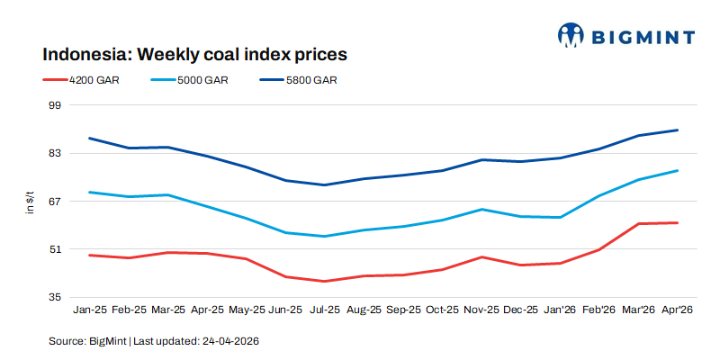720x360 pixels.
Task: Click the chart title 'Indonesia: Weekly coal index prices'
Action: (194, 54)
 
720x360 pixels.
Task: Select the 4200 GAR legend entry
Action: (94, 80)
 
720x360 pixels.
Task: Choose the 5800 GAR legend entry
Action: (311, 80)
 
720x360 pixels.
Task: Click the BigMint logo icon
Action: (571, 35)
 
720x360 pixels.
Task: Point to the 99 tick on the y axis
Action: (53, 105)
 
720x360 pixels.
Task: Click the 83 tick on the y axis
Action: (53, 153)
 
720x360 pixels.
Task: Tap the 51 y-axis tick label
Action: (53, 249)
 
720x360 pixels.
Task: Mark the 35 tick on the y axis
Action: (53, 297)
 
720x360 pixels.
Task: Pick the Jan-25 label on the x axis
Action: (90, 310)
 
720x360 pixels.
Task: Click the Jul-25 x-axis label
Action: (325, 310)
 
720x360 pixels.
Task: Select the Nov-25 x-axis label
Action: (481, 310)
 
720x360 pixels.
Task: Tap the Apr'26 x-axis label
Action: (677, 310)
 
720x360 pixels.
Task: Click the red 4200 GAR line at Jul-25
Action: (325, 281)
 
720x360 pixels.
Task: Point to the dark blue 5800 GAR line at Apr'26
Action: (677, 130)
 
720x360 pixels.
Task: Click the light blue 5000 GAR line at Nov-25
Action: (481, 210)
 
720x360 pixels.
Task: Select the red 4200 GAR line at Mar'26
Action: (638, 223)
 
